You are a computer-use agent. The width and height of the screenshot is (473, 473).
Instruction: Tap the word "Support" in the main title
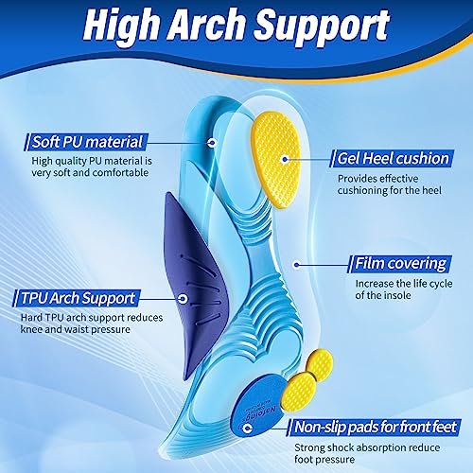click(x=322, y=28)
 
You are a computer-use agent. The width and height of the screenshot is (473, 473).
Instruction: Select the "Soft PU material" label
click(x=87, y=142)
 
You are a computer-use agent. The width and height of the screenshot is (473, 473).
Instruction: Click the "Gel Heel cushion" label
click(x=393, y=158)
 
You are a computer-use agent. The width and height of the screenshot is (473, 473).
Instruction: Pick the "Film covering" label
click(x=400, y=264)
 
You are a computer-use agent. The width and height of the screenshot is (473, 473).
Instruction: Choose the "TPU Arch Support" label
click(x=78, y=298)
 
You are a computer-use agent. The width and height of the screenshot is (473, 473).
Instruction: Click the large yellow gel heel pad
click(x=275, y=160)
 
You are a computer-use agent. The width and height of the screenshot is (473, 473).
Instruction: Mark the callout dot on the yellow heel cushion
click(x=285, y=159)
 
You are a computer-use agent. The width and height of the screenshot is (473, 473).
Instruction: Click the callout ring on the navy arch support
click(x=183, y=299)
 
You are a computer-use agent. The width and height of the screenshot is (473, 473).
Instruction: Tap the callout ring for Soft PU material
click(x=212, y=143)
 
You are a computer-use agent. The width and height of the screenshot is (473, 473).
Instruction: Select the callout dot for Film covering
click(x=296, y=264)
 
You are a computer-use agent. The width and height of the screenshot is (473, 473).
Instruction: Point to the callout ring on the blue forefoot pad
click(x=248, y=429)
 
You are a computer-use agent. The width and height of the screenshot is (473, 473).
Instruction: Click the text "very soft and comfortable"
click(x=90, y=173)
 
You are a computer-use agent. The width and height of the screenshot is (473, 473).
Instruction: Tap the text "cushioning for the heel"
click(x=390, y=190)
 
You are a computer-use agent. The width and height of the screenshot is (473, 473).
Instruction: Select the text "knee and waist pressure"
click(x=76, y=329)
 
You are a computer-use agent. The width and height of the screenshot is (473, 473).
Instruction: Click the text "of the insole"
click(x=383, y=295)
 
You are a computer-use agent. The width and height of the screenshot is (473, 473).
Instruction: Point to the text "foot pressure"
click(x=324, y=460)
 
